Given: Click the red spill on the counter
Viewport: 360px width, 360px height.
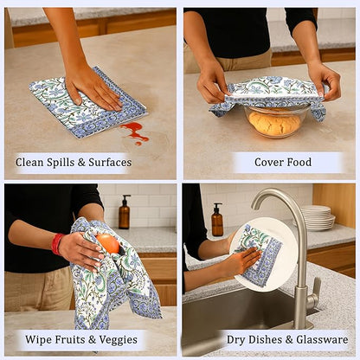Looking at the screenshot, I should (x=134, y=132).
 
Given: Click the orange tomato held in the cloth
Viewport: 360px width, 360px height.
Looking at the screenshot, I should (x=108, y=243).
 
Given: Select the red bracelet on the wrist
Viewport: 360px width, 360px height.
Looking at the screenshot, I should (x=57, y=244).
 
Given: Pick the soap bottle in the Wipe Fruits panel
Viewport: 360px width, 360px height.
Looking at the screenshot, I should (x=125, y=212).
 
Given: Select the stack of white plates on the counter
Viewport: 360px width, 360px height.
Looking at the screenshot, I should (x=318, y=217).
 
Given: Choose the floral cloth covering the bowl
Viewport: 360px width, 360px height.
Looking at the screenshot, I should (x=268, y=92).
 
